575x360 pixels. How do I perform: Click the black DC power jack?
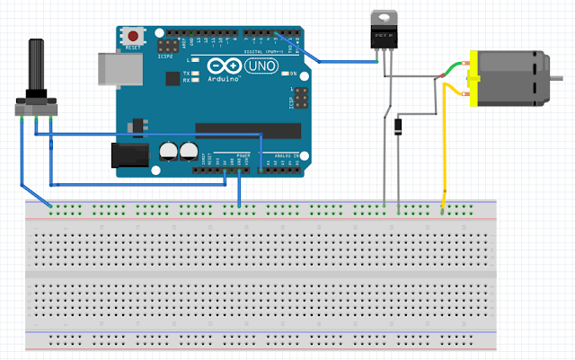[126, 155]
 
